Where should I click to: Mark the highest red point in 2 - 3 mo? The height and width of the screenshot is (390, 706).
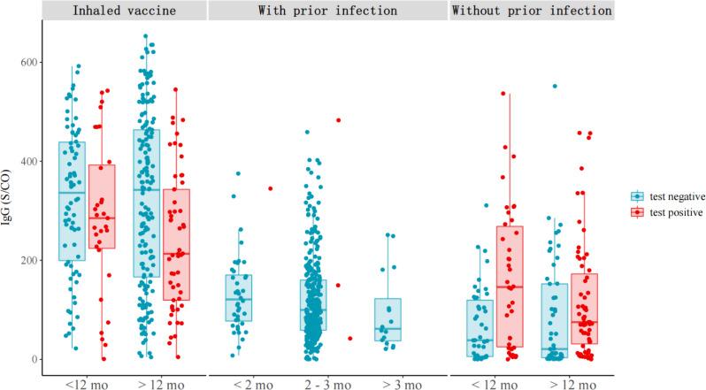pyautogui.click(x=338, y=120)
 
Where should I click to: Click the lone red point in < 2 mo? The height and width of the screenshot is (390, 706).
pyautogui.click(x=271, y=188)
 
